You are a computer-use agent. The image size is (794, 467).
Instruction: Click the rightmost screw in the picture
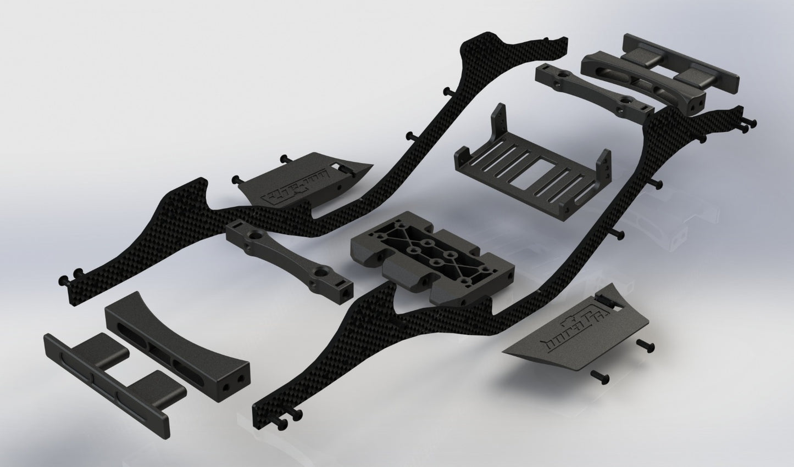pyautogui.click(x=752, y=123)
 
